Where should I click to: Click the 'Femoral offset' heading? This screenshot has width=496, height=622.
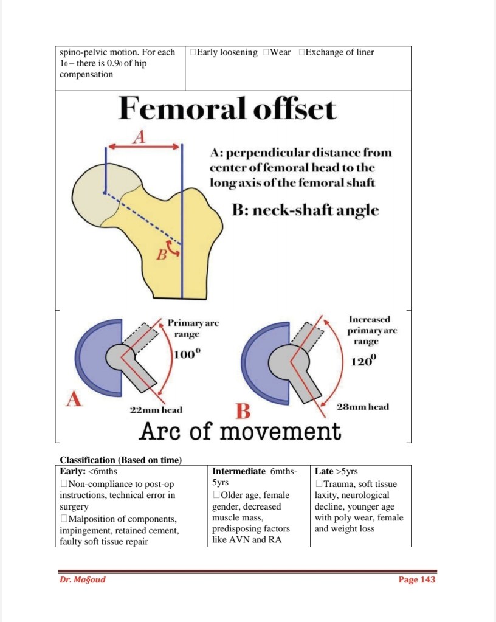pos(227,110)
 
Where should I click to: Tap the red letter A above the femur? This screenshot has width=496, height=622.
pos(139,137)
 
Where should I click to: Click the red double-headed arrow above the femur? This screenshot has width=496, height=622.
pos(144,147)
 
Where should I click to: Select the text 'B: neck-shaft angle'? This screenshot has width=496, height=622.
pos(305,210)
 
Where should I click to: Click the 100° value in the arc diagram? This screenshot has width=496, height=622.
pos(186,356)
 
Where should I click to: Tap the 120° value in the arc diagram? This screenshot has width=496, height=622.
pos(364,362)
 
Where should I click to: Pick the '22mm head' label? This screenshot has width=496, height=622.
pos(156,410)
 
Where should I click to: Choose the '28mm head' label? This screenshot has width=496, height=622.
pos(363,407)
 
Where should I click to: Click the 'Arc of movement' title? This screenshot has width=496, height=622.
pos(240,432)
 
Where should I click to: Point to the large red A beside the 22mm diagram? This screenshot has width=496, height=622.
pos(74,399)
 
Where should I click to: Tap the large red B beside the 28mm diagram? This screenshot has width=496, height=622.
pos(243,412)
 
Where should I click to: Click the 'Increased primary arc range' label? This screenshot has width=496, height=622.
pos(370,331)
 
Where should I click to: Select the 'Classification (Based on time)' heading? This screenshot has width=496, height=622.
pos(121,460)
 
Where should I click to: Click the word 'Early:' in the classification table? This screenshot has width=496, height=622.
pos(72,471)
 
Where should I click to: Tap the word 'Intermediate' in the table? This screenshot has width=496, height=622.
pos(239,471)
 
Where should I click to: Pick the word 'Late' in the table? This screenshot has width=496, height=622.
pos(323,471)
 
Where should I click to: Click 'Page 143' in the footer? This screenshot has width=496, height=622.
pos(417,579)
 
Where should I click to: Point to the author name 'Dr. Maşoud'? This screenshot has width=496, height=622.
pos(83,579)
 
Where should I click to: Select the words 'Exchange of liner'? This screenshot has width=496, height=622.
pos(339,52)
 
